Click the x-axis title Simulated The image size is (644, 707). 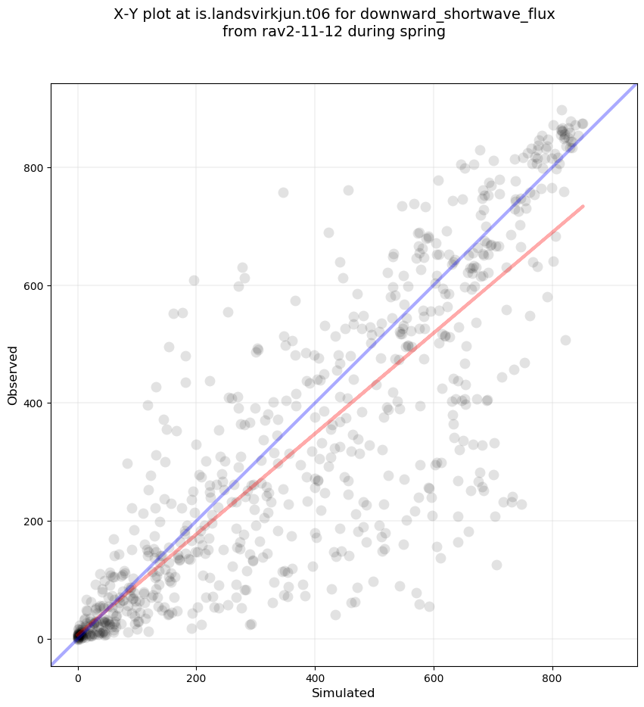pos(344,693)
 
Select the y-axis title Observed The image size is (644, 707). pos(13,375)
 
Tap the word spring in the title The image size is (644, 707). pos(422,32)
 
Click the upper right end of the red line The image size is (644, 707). pos(583,206)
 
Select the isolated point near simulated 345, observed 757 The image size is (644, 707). pos(283,192)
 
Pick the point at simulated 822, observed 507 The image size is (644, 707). pos(565,340)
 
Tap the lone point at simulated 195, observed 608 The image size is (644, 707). pos(194,280)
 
